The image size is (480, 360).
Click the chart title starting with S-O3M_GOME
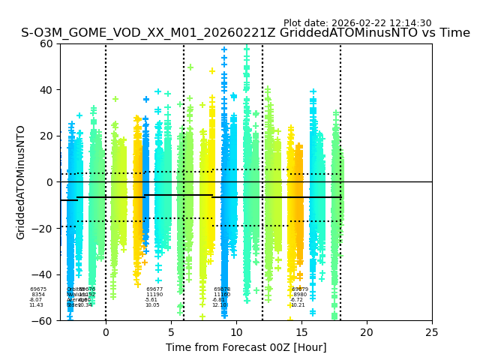coord(245,33)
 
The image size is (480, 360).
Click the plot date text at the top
coord(357,23)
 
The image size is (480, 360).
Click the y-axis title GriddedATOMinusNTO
coord(21,182)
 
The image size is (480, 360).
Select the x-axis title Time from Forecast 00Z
coord(246,347)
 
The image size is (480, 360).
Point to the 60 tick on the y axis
coord(46,43)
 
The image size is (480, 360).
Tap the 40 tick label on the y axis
coord(46,90)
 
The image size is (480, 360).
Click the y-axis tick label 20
coord(46,136)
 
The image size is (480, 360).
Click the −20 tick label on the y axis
coord(43,228)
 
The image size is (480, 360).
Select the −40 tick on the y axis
coord(43,274)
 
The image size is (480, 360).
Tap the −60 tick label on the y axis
coord(43,320)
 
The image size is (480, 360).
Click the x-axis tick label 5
coord(171,331)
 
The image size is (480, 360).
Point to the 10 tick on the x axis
coord(236,331)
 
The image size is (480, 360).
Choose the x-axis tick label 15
coord(301,331)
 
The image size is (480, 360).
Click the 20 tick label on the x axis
coord(367,331)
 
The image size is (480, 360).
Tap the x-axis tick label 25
coord(432,331)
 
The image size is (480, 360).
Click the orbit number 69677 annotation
coord(154,289)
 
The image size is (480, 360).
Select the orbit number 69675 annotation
coord(38,289)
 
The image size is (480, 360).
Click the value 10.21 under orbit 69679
coord(298,305)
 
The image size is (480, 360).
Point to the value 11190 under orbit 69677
coord(154,295)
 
